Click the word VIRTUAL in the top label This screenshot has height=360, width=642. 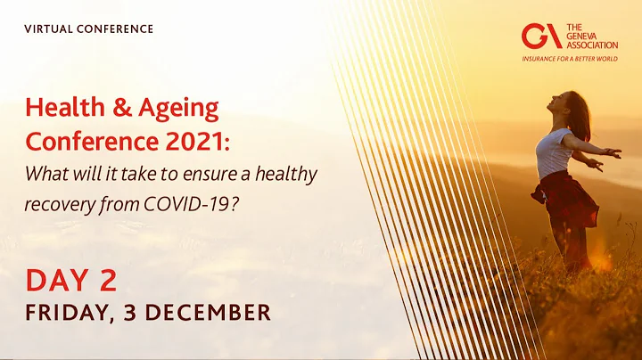pos(49,29)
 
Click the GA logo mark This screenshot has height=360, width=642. pos(541,36)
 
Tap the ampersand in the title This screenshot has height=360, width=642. pos(119,109)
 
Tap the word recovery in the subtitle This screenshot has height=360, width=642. pos(58,203)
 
